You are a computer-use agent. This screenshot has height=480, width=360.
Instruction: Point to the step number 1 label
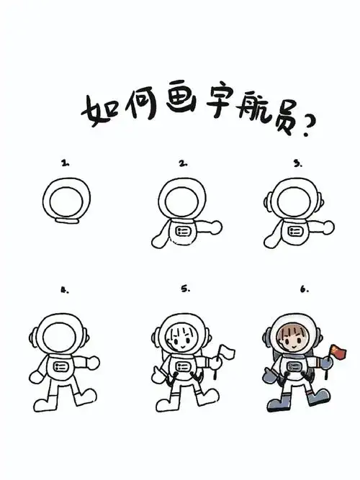pos(66,163)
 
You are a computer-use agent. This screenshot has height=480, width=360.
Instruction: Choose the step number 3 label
pos(297,163)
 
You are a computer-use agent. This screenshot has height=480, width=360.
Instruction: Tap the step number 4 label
pos(65,291)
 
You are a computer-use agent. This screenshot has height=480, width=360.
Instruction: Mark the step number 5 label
pos(185,289)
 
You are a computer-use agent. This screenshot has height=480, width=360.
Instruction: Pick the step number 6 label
pos(304,289)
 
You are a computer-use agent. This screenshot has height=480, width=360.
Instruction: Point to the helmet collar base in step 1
pos(68,222)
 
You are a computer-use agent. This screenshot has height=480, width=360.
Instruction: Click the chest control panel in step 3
pos(295,231)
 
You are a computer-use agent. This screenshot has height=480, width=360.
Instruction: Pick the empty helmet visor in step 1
pos(67,199)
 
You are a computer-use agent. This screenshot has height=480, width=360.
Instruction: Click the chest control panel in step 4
pos(60,367)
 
